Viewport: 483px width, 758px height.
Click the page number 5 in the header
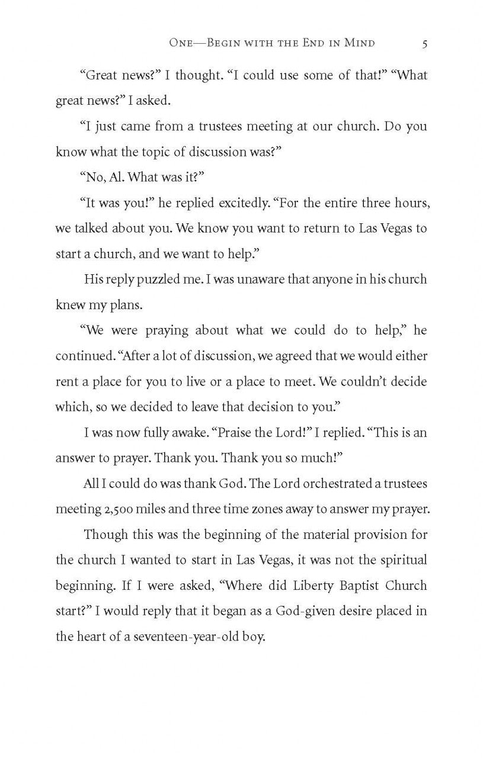click(x=424, y=43)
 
